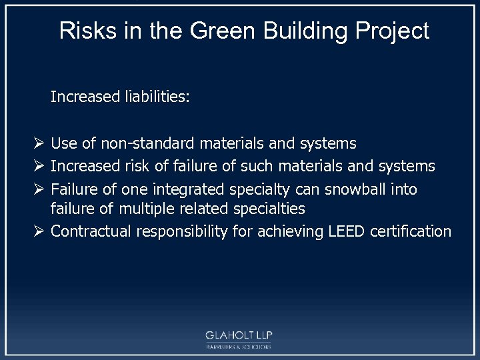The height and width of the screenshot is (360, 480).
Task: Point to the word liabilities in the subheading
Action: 156,97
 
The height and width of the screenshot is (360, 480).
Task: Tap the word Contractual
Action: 91,231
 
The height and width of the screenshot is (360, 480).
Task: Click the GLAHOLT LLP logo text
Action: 239,335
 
